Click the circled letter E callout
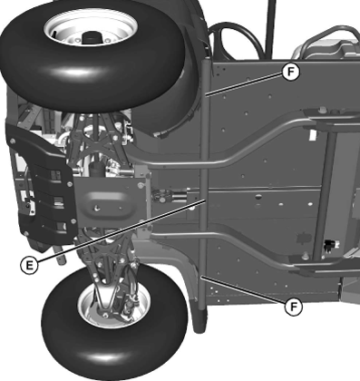point(29,265)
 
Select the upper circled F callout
point(290,72)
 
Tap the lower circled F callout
point(294,307)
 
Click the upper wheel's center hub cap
point(91,37)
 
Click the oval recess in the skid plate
point(106,203)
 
